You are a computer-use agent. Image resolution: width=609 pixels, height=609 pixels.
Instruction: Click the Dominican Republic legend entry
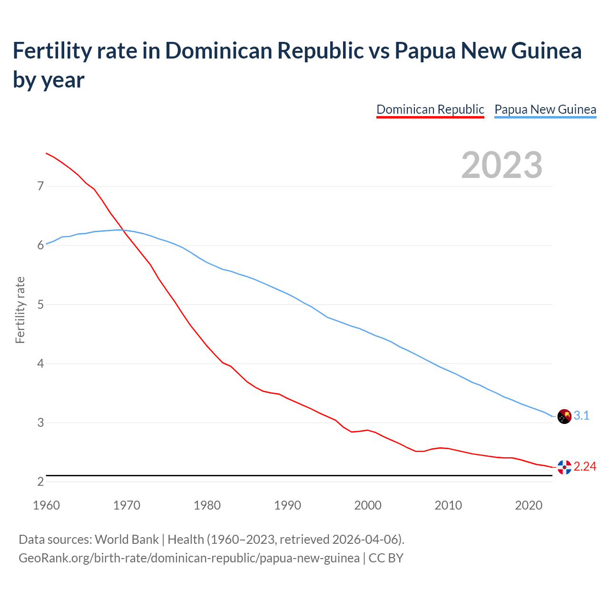[x=430, y=109]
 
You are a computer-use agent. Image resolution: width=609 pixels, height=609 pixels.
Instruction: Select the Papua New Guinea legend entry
[x=545, y=109]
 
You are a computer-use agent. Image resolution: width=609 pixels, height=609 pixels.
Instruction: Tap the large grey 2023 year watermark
[x=501, y=165]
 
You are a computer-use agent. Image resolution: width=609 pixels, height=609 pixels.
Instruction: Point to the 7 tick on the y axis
[x=40, y=186]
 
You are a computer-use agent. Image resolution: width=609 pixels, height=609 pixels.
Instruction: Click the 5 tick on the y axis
[x=40, y=304]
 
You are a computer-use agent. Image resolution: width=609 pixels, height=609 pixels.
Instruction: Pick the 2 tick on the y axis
[x=40, y=481]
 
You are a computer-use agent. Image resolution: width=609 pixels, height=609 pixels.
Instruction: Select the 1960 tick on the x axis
[x=46, y=505]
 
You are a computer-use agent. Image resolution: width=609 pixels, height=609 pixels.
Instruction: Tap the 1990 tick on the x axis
[x=287, y=505]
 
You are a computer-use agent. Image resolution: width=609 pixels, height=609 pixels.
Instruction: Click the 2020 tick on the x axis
[x=529, y=505]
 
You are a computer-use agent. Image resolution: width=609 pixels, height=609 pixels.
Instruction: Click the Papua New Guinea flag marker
[x=564, y=416]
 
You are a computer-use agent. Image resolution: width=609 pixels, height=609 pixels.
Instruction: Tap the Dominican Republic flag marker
[x=564, y=467]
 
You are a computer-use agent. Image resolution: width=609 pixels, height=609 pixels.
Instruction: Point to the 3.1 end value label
[x=581, y=416]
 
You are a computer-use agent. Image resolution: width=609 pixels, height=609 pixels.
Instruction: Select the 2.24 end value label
[x=585, y=467]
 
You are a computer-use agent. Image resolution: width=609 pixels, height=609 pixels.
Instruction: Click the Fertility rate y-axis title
[x=20, y=310]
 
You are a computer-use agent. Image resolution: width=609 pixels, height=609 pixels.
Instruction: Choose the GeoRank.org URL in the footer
[x=189, y=558]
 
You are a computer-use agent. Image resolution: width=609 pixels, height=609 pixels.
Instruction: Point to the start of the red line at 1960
[x=46, y=153]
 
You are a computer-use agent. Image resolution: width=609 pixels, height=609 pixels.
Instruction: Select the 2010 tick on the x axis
[x=448, y=505]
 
